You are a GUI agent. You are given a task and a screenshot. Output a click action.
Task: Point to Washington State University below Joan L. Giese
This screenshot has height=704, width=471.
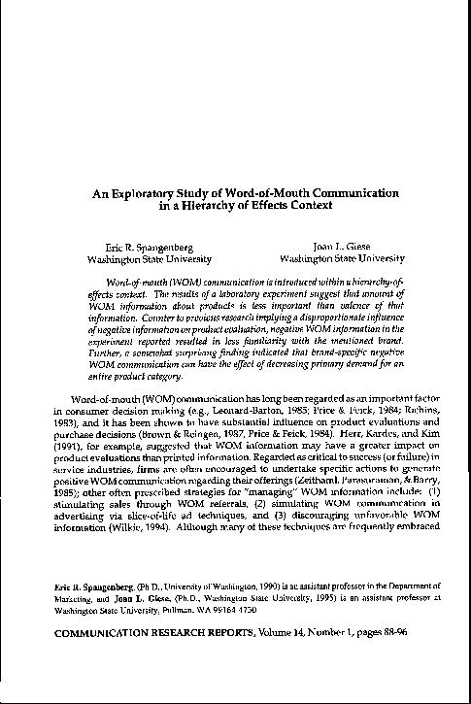(x=341, y=259)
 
